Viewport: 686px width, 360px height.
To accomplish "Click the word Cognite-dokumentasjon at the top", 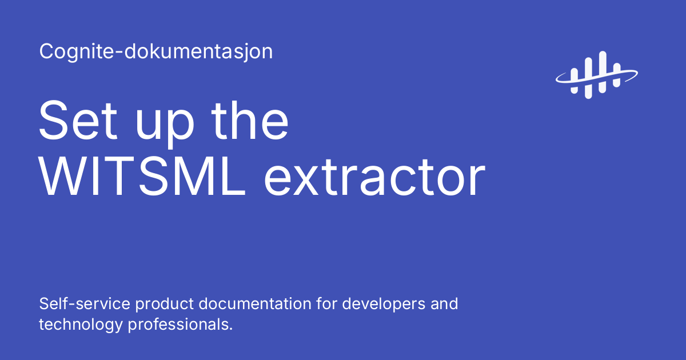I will pos(155,52).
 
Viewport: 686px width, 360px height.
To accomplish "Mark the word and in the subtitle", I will pos(443,303).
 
